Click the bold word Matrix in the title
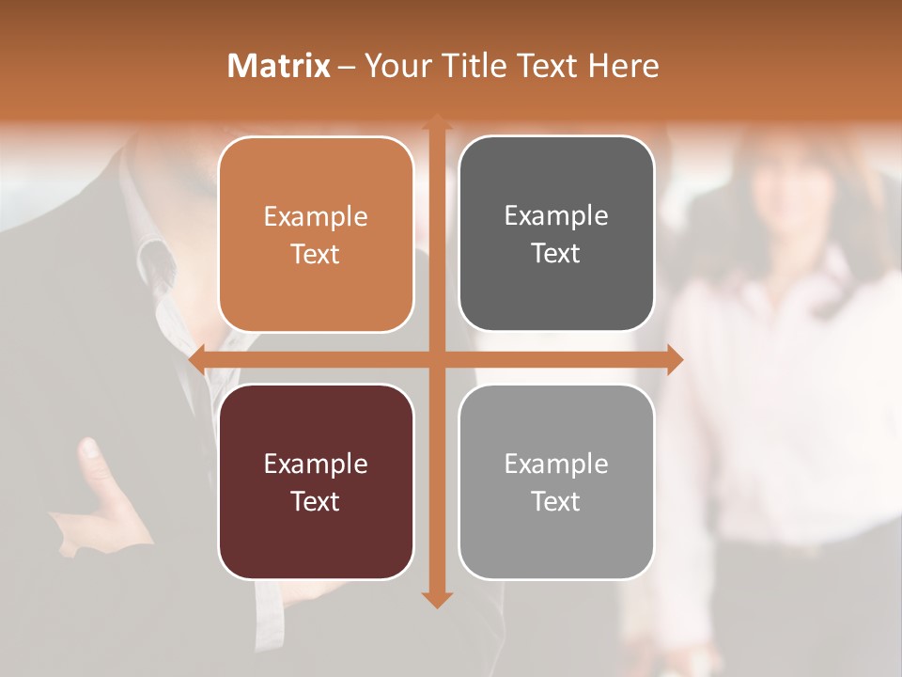pos(279,66)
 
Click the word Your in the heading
pos(399,66)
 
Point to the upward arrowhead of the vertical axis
pos(436,120)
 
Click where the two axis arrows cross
pos(436,359)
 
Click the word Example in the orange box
pos(316,217)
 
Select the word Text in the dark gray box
pos(556,254)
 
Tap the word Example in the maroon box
pos(316,464)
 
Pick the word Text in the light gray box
pos(556,502)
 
